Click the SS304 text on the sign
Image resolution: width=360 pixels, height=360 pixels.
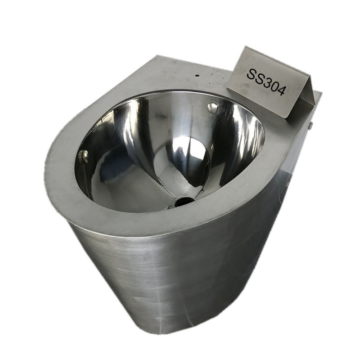[x=266, y=81]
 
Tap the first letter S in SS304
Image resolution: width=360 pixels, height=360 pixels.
[x=250, y=73]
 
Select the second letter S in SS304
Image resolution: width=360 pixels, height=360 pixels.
[x=258, y=77]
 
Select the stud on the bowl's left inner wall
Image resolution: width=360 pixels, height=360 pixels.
[x=83, y=156]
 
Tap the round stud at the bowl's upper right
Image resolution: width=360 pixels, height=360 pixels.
[x=212, y=107]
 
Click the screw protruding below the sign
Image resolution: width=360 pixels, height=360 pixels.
[x=310, y=126]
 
